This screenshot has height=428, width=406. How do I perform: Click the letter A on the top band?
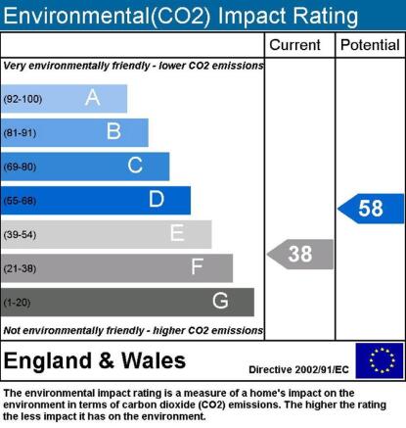(92, 97)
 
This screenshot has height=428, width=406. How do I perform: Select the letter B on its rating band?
(113, 131)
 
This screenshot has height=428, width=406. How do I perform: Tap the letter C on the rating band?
(135, 165)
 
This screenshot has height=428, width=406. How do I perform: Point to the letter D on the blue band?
(157, 199)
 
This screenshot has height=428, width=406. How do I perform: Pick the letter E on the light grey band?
(177, 233)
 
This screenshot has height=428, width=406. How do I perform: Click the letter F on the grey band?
(197, 266)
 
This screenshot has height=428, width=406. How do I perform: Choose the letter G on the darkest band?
(220, 301)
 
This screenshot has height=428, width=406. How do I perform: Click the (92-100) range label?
(23, 99)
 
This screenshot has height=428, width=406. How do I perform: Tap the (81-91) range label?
(20, 133)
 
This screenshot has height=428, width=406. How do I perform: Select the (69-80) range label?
(20, 166)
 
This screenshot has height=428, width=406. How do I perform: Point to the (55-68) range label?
(20, 201)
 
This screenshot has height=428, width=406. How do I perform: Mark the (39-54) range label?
(20, 235)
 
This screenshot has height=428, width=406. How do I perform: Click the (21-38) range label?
(20, 268)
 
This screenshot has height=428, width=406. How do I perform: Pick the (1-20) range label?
(17, 303)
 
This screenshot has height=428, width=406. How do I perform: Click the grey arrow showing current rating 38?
(300, 255)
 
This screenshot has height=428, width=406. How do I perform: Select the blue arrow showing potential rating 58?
(371, 209)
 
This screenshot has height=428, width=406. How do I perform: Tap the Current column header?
(294, 45)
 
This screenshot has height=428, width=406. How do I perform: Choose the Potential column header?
(370, 45)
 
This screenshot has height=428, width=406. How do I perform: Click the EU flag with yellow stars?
(380, 360)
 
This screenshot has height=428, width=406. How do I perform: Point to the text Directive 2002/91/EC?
(298, 369)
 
